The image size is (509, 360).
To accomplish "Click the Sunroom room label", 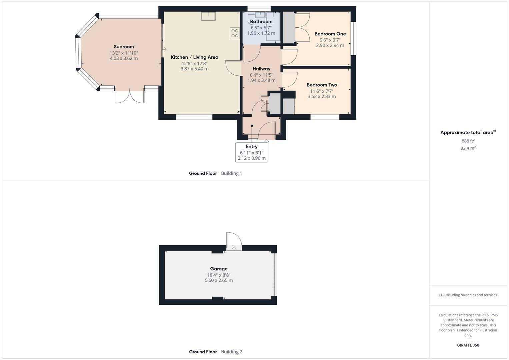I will point(124,47).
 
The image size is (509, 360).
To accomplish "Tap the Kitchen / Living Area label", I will point(194,57).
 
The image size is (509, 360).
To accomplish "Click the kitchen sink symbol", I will point(208,16).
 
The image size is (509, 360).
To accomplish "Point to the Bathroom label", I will point(261,22).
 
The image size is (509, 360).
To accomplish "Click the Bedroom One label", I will point(330,34).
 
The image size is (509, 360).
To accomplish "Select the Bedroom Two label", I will point(322,85).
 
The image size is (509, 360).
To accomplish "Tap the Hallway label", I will point(261,69).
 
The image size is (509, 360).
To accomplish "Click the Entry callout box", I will point(252,152).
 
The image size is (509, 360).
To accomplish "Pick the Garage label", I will point(219,269).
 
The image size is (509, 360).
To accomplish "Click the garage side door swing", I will point(234,241).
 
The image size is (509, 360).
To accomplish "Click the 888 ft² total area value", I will point(468,141).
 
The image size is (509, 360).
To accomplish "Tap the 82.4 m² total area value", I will point(468,148).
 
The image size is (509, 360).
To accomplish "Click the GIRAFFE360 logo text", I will point(468,345).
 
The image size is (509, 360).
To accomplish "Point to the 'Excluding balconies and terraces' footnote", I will point(468,295).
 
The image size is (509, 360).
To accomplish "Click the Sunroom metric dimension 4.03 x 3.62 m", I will point(124,58).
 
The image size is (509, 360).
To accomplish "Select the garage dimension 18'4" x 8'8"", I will point(219,275).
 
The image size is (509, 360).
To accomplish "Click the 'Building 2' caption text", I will point(232,352).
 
